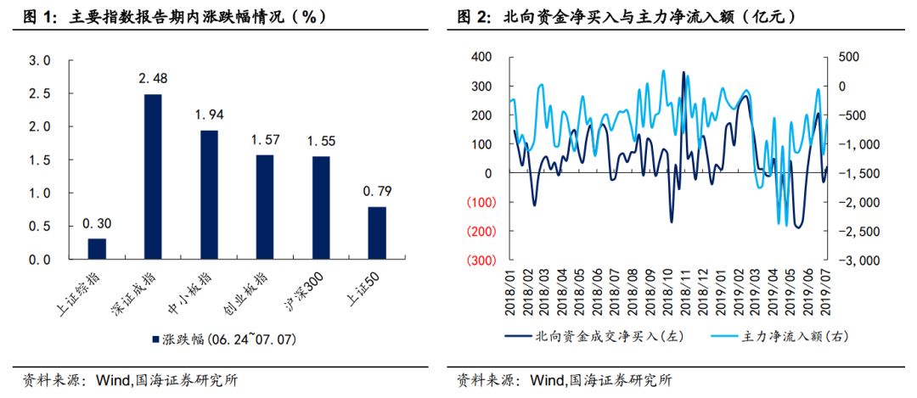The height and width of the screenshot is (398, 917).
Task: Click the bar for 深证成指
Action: tap(153, 177)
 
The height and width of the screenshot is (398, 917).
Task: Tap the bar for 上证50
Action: tap(376, 233)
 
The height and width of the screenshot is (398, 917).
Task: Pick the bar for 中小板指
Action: tap(209, 195)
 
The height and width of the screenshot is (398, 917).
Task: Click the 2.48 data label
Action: tap(153, 79)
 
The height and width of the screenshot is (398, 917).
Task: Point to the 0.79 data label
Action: tap(376, 192)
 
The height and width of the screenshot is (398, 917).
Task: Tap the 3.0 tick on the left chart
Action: tap(39, 61)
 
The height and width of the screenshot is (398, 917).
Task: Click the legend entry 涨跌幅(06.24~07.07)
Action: tap(225, 338)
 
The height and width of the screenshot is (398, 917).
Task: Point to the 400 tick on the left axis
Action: tap(481, 57)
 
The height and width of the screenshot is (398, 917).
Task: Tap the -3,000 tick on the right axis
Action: tap(857, 261)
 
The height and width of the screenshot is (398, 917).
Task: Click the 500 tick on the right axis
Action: tap(847, 57)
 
